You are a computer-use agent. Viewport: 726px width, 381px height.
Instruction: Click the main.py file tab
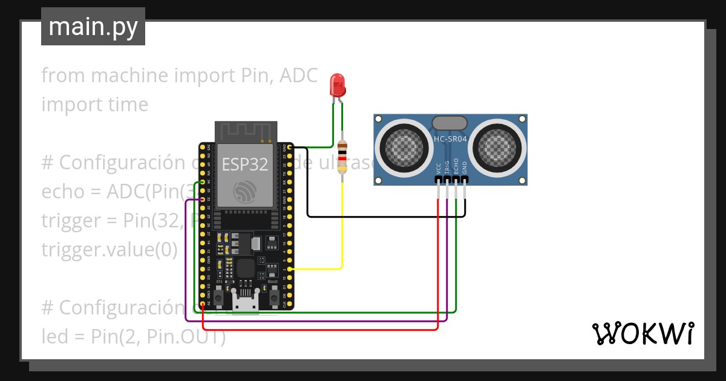(x=93, y=27)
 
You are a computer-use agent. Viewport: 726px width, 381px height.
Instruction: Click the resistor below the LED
(x=342, y=157)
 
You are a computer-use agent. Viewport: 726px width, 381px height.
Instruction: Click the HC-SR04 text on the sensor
(x=451, y=140)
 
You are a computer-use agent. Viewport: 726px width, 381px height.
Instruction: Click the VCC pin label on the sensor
(x=438, y=168)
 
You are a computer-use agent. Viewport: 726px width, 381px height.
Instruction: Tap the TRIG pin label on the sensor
(x=447, y=168)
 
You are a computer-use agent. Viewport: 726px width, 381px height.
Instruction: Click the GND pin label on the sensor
(x=465, y=168)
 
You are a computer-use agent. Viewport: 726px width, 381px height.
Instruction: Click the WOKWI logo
(x=643, y=333)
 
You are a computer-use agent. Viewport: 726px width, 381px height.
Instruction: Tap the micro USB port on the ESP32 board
(x=246, y=302)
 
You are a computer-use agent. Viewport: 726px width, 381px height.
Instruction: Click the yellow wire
(x=342, y=230)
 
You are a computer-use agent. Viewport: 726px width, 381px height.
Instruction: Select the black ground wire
(x=387, y=216)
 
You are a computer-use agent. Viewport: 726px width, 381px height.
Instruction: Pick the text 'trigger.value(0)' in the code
(x=109, y=249)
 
